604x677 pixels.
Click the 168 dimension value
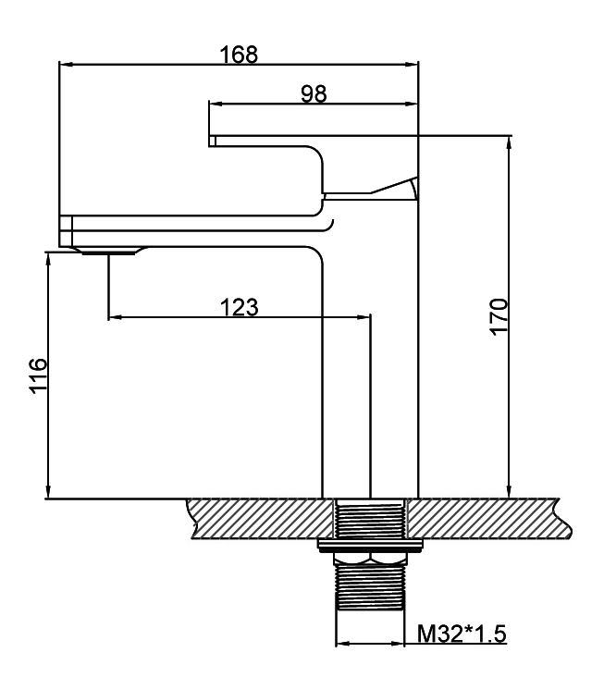click(x=239, y=55)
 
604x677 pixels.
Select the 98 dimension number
click(x=314, y=93)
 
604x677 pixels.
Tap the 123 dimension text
click(x=240, y=307)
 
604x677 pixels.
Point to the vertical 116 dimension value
click(x=39, y=375)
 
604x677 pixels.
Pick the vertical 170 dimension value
click(x=499, y=316)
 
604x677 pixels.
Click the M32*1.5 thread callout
click(x=462, y=634)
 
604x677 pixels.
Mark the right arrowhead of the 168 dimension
click(x=412, y=65)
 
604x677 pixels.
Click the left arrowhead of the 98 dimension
click(x=216, y=104)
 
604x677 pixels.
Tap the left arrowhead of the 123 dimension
click(x=115, y=317)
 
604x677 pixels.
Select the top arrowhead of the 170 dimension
click(x=510, y=142)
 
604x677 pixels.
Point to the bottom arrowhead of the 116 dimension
click(x=49, y=492)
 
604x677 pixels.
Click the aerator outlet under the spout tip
click(x=108, y=252)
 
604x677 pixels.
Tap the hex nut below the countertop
click(x=370, y=559)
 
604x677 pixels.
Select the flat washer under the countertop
click(x=370, y=546)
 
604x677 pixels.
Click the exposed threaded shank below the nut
click(x=370, y=587)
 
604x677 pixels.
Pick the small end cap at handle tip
click(x=212, y=142)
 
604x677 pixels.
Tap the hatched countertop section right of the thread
click(x=487, y=520)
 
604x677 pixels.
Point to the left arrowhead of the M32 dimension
click(x=343, y=644)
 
